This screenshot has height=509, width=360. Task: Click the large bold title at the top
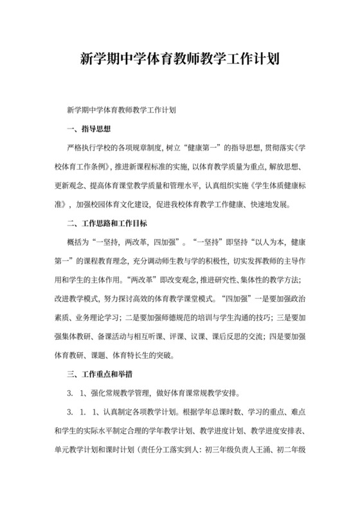pos(179,60)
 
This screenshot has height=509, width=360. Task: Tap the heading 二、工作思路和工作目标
pos(107,224)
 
